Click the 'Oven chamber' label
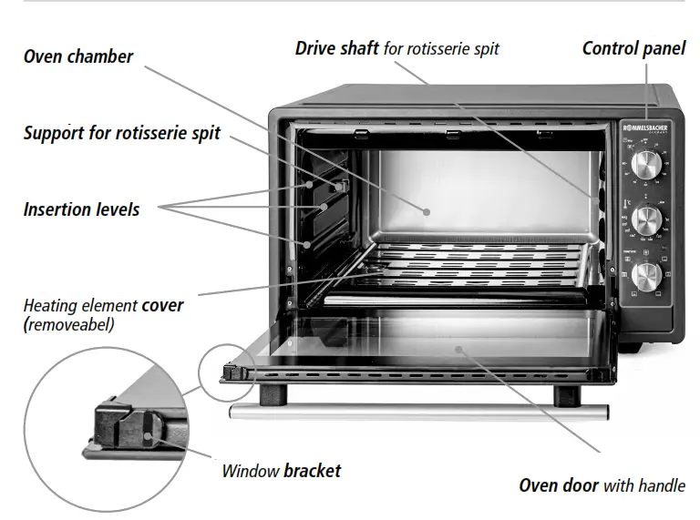(x=78, y=56)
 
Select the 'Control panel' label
(x=633, y=48)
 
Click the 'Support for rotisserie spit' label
(x=121, y=133)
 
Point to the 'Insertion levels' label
(x=81, y=209)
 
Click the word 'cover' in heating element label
(x=162, y=306)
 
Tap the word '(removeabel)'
(x=69, y=324)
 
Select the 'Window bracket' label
(x=282, y=471)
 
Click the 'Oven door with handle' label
(x=602, y=485)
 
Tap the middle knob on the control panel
(x=646, y=219)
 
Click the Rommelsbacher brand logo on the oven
(x=646, y=129)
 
